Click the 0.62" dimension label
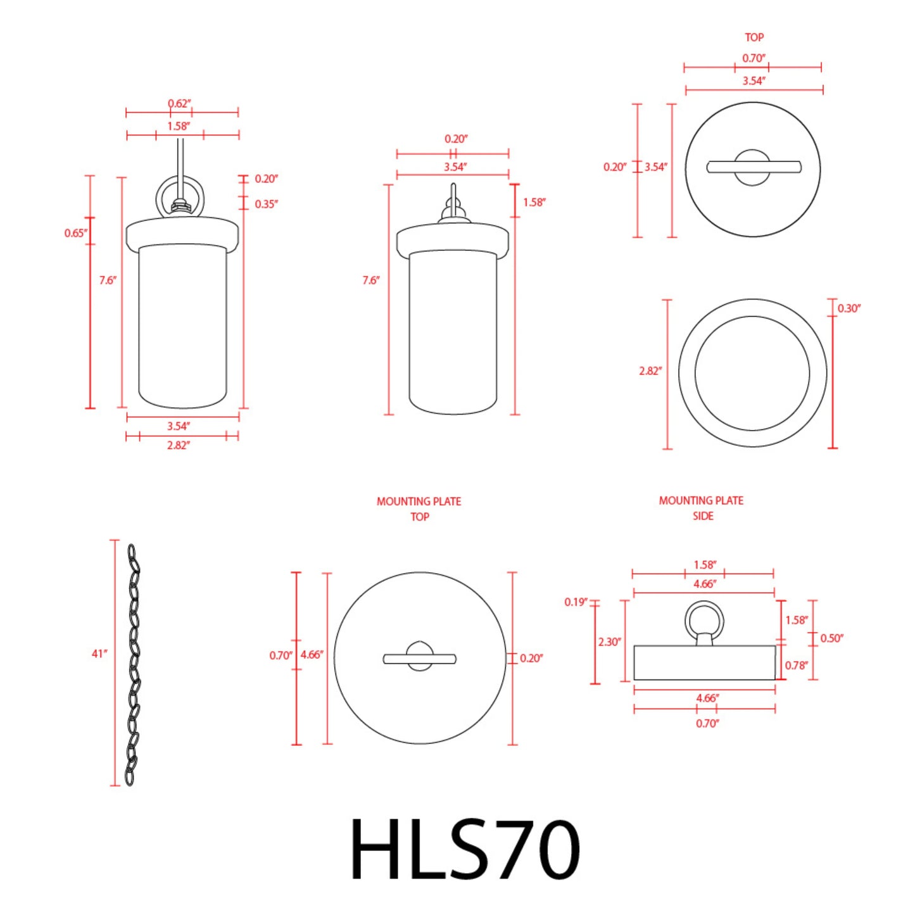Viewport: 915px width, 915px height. point(179,103)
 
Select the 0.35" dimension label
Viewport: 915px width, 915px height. point(266,204)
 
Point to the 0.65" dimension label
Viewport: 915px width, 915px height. point(76,233)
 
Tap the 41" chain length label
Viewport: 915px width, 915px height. point(99,653)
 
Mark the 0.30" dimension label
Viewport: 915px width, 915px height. point(849,308)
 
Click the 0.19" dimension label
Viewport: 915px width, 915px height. point(576,602)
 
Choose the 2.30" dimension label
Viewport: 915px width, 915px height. point(610,641)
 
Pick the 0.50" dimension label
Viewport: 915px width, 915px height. point(832,638)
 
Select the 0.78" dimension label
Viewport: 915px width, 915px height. point(797,665)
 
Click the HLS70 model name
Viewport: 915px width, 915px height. point(465,849)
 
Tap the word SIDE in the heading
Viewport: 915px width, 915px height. point(703,516)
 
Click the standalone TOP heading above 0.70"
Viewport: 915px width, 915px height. point(754,37)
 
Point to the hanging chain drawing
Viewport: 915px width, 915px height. point(133,665)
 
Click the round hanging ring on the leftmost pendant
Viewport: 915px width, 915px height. point(180,196)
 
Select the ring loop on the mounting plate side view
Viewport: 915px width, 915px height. point(704,621)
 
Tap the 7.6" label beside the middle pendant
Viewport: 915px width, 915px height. point(371,280)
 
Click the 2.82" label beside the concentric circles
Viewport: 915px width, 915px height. point(650,371)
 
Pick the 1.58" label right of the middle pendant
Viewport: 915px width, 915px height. point(534,203)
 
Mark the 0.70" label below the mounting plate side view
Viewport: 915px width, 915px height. point(707,723)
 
